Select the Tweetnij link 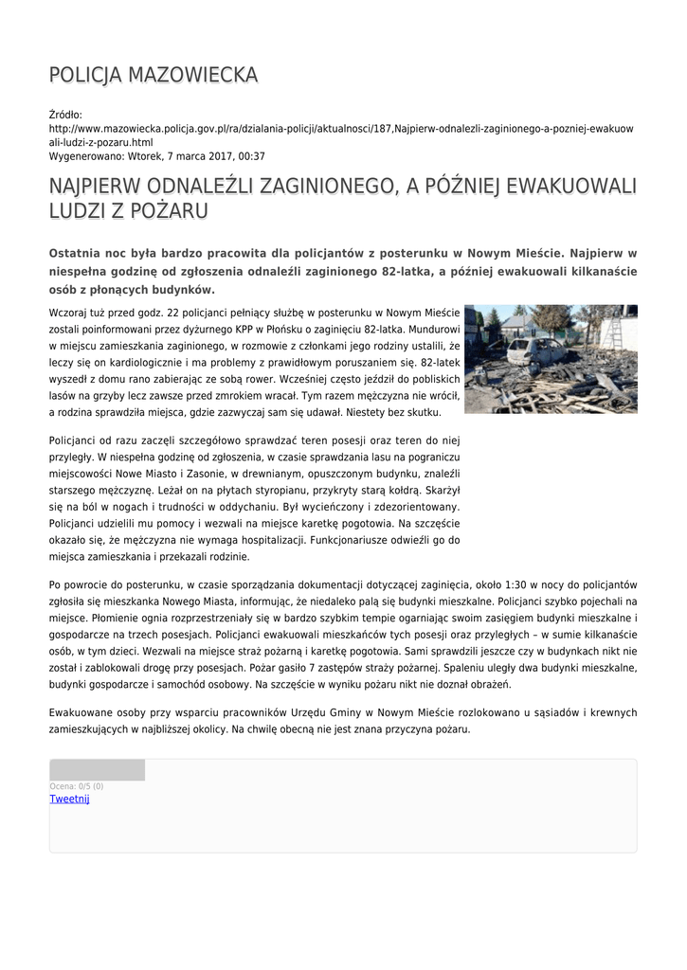pyautogui.click(x=69, y=799)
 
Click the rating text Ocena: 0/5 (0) pyautogui.click(x=76, y=786)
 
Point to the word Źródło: pyautogui.click(x=65, y=115)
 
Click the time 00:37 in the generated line pyautogui.click(x=253, y=156)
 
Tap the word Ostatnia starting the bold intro pyautogui.click(x=79, y=254)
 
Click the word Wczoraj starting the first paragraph pyautogui.click(x=69, y=312)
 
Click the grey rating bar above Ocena pyautogui.click(x=97, y=770)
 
